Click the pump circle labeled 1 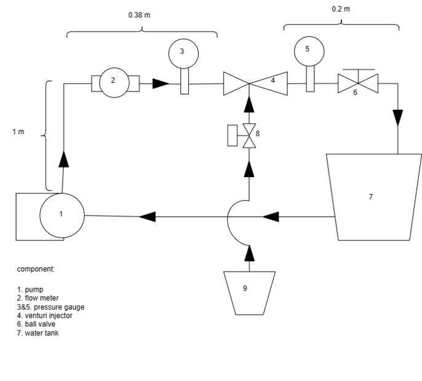click(x=62, y=214)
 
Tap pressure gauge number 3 click(x=182, y=52)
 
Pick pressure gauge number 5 click(x=308, y=50)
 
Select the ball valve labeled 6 click(x=358, y=82)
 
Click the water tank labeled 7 click(x=370, y=197)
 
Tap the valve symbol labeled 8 click(x=249, y=136)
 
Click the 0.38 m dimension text click(x=138, y=15)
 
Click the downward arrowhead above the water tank click(x=397, y=117)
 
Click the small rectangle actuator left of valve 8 click(x=232, y=135)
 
